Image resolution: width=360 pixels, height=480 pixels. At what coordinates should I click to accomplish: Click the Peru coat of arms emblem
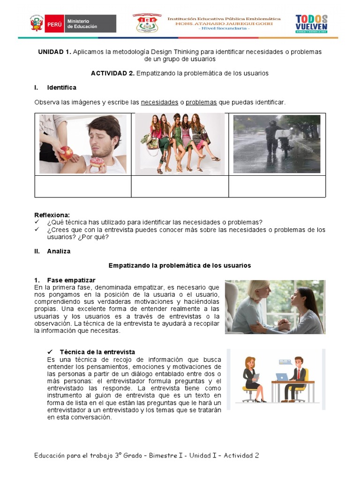point(37,23)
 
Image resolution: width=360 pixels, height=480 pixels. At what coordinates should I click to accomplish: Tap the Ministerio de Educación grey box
point(90,23)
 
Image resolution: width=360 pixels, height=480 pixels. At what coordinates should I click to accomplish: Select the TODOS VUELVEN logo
point(311,23)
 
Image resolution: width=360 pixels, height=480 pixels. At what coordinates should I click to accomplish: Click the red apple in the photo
point(66,152)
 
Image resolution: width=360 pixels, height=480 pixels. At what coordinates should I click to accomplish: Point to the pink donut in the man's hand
point(97,162)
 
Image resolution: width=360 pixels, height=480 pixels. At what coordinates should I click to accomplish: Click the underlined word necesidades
point(159,102)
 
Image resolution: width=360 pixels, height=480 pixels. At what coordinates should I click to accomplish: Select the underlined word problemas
point(201,102)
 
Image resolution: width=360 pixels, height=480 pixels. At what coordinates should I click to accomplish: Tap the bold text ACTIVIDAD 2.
point(112,73)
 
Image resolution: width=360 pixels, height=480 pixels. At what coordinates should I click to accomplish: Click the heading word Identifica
point(61,88)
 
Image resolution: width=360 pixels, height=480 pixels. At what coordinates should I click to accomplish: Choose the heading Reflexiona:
point(52,215)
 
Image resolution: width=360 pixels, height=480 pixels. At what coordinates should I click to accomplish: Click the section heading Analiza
point(59,251)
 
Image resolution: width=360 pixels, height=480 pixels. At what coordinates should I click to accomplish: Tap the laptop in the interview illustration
point(282,377)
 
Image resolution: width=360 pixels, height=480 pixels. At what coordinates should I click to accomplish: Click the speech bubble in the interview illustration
point(285,362)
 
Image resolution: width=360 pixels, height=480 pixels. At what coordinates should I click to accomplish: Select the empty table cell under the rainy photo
point(277,187)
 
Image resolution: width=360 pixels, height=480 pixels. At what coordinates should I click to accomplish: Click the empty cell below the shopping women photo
point(180,187)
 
